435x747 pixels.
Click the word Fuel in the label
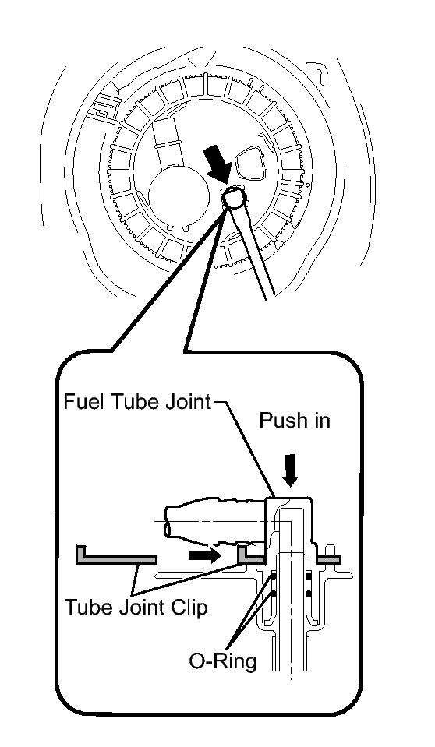pyautogui.click(x=84, y=402)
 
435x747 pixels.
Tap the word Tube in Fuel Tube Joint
pyautogui.click(x=132, y=402)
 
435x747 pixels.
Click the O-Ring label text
pyautogui.click(x=223, y=661)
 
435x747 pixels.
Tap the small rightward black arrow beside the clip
pyautogui.click(x=204, y=555)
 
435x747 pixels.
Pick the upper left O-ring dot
pyautogui.click(x=274, y=576)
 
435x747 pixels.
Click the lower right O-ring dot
pyautogui.click(x=309, y=594)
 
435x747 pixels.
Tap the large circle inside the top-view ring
pyautogui.click(x=179, y=196)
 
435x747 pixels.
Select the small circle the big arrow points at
pyautogui.click(x=234, y=197)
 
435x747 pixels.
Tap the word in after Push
pyautogui.click(x=320, y=420)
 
